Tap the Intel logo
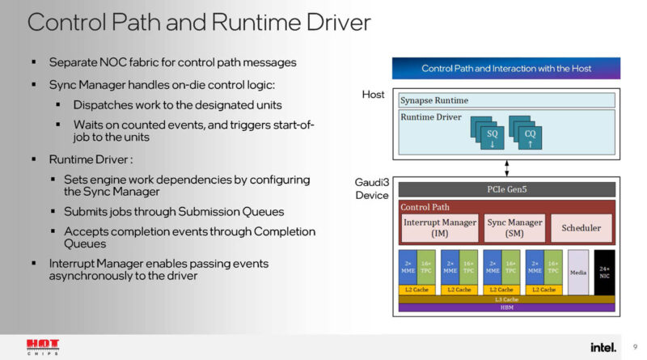tap(603, 347)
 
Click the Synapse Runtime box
tap(507, 100)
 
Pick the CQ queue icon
tap(528, 130)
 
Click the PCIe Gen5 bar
tap(507, 189)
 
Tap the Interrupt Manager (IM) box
tap(439, 227)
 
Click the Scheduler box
tap(581, 228)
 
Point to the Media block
tap(577, 272)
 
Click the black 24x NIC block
tap(604, 272)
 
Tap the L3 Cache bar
tap(507, 299)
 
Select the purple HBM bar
tap(507, 307)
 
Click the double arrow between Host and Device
tap(507, 167)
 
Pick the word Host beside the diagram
tap(373, 95)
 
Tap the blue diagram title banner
tap(506, 69)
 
